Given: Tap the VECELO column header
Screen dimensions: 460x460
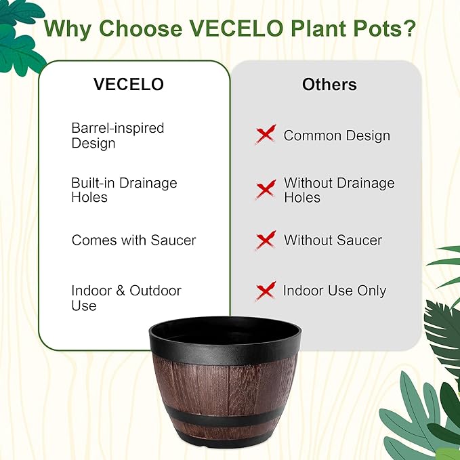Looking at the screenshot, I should (129, 85).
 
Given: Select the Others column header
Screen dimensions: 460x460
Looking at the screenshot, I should (329, 85).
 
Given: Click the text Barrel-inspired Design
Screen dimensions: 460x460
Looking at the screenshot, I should (118, 135).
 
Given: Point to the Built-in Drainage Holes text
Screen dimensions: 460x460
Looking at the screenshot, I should (124, 190).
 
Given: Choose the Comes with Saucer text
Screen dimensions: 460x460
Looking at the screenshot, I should (133, 241).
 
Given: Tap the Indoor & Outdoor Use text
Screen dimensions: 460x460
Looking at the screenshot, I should (126, 298).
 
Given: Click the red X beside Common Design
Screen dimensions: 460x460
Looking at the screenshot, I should (266, 134).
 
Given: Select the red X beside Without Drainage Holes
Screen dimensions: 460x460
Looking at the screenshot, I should (266, 189).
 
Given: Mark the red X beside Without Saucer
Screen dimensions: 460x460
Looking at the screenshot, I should (266, 240).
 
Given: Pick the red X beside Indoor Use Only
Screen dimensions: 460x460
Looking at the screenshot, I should (266, 291).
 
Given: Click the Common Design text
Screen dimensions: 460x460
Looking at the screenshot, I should (337, 135).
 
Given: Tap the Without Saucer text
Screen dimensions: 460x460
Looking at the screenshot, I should (333, 241).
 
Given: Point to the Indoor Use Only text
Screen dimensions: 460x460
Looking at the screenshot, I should (334, 291).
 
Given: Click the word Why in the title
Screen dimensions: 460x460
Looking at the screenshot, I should (70, 29).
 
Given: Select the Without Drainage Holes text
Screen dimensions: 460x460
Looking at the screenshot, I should (339, 190).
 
